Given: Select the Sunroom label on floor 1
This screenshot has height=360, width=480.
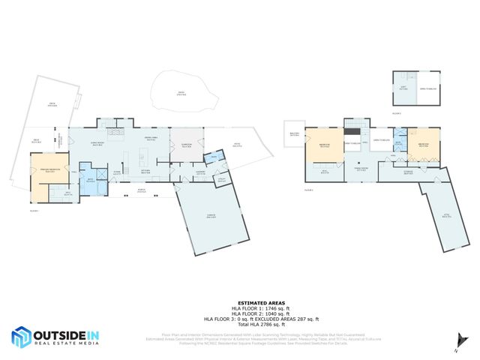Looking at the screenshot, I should pyautogui.click(x=187, y=146).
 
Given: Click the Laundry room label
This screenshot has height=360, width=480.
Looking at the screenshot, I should pyautogui.click(x=201, y=172).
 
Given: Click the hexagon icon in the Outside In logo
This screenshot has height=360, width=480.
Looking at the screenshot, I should pyautogui.click(x=21, y=338).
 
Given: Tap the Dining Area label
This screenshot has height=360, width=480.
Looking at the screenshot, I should pyautogui.click(x=150, y=142).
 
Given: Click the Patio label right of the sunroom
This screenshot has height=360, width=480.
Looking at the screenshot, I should pyautogui.click(x=237, y=146).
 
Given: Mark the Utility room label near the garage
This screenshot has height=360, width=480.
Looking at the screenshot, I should pyautogui.click(x=222, y=179).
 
